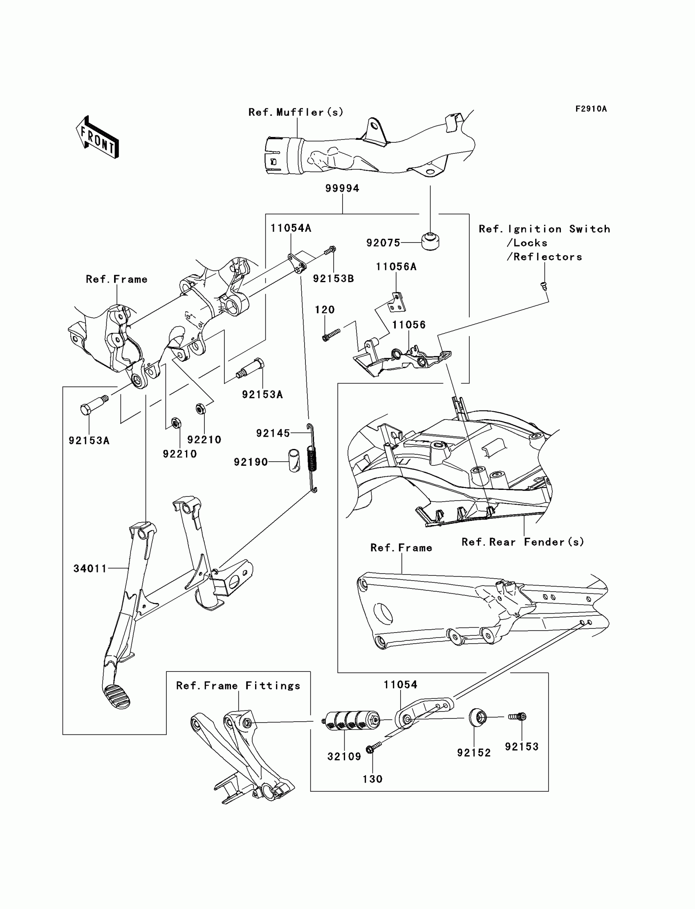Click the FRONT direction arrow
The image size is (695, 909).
98,137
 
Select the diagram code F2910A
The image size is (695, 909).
591,109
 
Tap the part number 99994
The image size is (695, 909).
342,188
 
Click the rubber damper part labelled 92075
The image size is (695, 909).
430,242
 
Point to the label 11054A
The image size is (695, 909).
291,228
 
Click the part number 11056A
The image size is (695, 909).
396,267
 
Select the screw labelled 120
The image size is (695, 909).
331,334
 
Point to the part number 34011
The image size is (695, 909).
90,568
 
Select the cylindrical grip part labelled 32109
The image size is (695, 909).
350,721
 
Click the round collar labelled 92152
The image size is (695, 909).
478,717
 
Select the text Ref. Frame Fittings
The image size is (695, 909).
238,686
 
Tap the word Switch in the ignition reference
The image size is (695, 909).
590,229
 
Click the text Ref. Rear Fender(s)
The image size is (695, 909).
523,542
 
